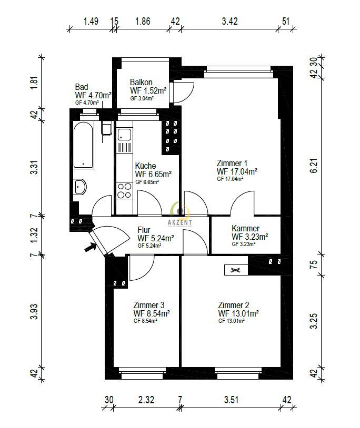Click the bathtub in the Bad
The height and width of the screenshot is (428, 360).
pos(84,145)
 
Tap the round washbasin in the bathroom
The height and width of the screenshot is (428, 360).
pos(81,186)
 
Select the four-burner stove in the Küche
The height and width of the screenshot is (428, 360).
pos(124,190)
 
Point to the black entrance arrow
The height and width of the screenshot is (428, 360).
pos(91,244)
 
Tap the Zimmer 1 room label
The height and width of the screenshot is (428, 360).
pos(232,163)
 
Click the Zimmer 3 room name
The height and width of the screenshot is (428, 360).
pos(149,305)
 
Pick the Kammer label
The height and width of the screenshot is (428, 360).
pos(245,229)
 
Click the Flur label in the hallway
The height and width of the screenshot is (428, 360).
pos(145,230)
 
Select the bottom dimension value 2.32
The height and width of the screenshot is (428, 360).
pos(146,400)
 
